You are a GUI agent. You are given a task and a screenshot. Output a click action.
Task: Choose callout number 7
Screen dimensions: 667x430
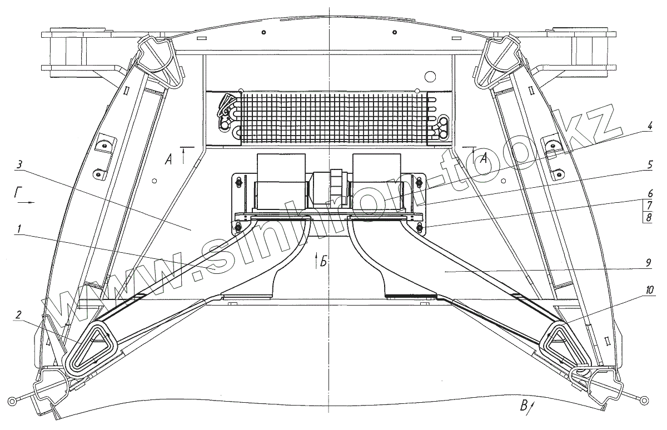648,205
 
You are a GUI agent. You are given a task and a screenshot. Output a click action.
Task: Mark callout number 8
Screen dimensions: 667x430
648,217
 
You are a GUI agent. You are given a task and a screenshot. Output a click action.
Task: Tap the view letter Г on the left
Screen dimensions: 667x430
19,193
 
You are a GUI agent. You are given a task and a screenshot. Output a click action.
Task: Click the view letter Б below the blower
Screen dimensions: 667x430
323,259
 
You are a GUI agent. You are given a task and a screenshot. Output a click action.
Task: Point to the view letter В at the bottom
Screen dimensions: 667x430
524,406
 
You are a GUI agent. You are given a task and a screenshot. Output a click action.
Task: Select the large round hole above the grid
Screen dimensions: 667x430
430,76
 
